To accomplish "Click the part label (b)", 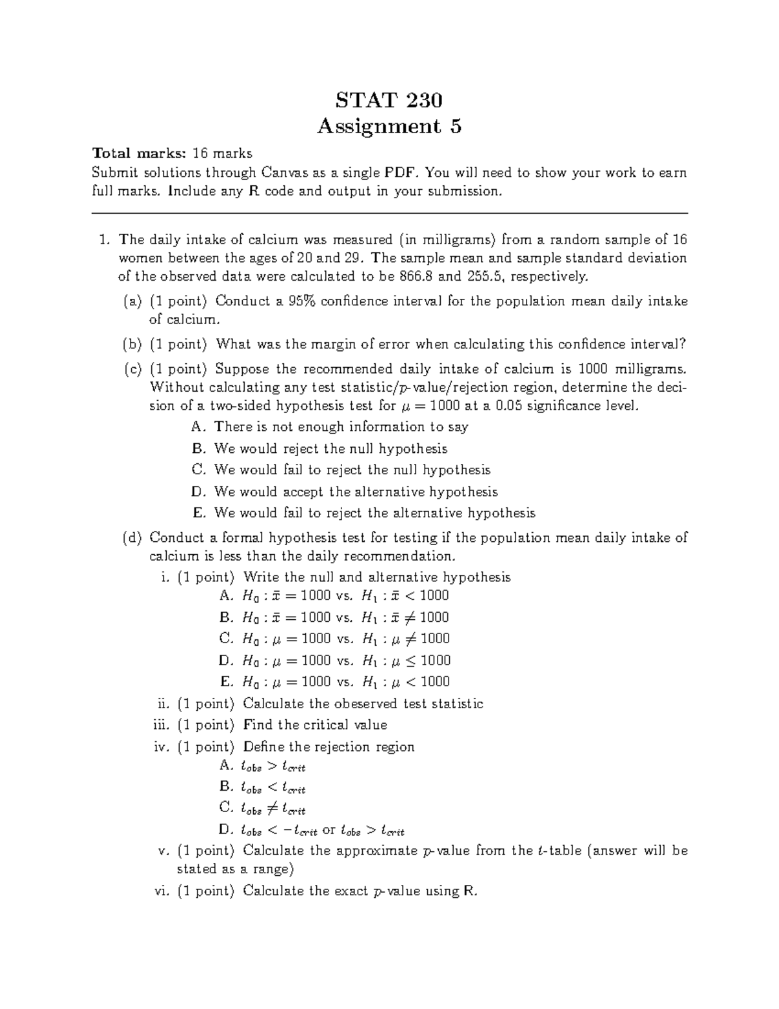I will point(133,344).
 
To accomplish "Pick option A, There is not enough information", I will point(331,427).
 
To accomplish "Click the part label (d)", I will point(133,538).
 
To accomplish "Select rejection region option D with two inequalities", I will point(312,830).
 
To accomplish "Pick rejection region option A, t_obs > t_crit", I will point(263,767).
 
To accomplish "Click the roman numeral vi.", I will point(162,891).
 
